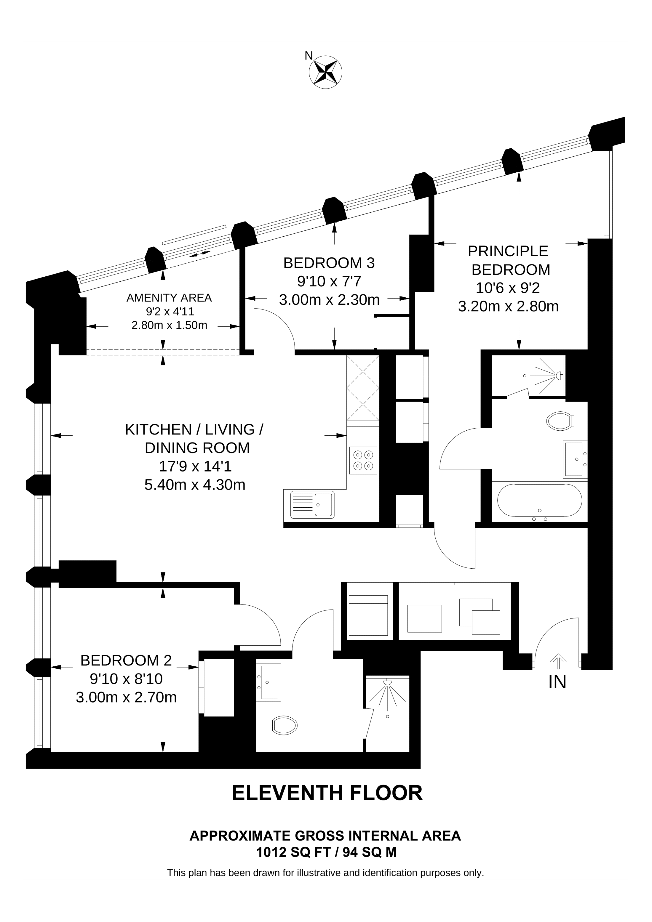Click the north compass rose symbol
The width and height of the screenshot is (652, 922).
coord(325,72)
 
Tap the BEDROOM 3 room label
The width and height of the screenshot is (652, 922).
coord(329,263)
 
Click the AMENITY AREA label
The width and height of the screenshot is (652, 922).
coord(169,298)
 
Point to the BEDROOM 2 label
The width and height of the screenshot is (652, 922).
coord(126,660)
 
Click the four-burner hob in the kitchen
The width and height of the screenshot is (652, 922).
coord(363,461)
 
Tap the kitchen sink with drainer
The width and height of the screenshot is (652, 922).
coord(312,505)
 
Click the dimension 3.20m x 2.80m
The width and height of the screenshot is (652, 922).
coord(508,307)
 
